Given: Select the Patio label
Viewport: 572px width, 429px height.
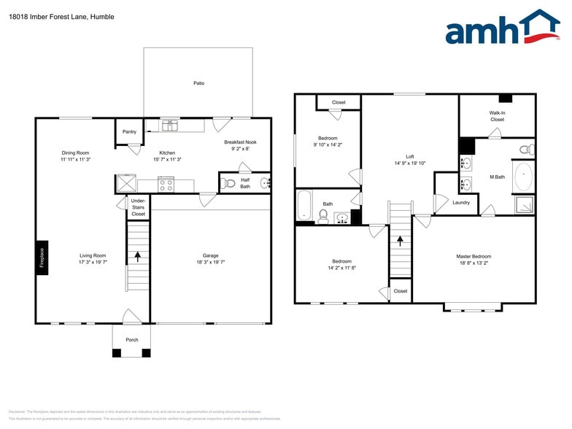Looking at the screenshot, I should (198, 83).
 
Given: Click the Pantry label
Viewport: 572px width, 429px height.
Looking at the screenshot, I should (129, 132).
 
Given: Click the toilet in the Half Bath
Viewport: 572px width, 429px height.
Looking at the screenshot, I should (229, 183).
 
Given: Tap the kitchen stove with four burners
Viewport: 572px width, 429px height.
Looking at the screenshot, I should (166, 185).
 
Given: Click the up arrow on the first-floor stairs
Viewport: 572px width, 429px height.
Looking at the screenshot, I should (137, 257).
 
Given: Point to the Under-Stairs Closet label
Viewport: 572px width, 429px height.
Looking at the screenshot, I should (138, 206).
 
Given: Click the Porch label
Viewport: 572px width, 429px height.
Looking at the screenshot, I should (132, 340).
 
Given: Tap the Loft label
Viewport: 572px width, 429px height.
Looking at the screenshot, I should (410, 157).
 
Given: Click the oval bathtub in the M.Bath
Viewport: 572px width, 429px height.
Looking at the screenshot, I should (523, 177).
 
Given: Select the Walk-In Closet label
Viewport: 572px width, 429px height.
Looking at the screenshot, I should (497, 116).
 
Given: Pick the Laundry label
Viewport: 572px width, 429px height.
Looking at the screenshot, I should (460, 202).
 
